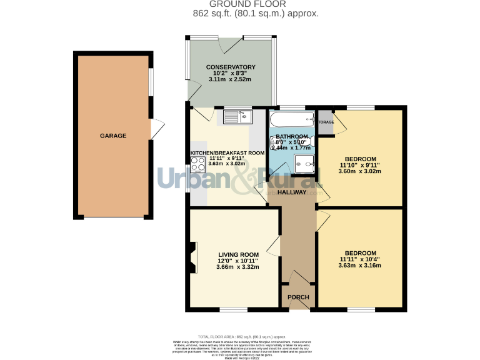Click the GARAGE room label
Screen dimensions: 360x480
click(x=113, y=136)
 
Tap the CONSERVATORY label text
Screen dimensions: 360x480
click(x=231, y=67)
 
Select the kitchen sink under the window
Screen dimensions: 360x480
click(x=237, y=116)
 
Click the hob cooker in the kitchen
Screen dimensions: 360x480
click(x=198, y=165)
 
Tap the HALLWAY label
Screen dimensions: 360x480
click(x=292, y=192)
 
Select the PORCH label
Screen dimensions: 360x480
click(x=298, y=297)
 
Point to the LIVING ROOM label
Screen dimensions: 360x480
click(x=238, y=254)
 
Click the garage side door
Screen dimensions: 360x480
click(x=156, y=129)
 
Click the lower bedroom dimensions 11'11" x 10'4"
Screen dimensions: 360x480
click(x=359, y=259)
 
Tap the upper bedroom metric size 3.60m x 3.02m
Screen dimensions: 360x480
click(x=359, y=171)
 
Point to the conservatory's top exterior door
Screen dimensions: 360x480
click(x=231, y=42)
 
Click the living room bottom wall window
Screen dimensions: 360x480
click(x=233, y=309)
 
